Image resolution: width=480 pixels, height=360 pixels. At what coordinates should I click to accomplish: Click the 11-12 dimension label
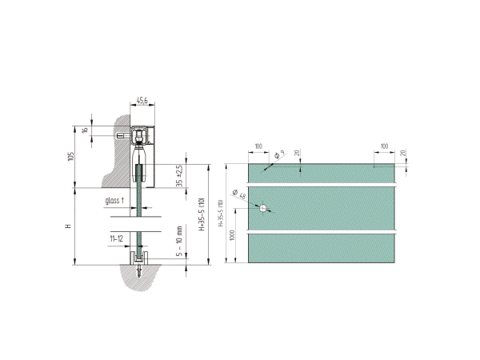(x=117, y=238)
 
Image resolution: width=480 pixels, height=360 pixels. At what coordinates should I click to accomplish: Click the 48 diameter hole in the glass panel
(x=262, y=208)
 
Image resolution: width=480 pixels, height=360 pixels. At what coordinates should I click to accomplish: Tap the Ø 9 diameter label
(x=277, y=154)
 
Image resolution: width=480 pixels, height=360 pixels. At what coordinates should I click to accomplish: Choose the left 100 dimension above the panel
(x=258, y=146)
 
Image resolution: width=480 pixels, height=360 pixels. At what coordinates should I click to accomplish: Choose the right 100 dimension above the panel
(x=385, y=146)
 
